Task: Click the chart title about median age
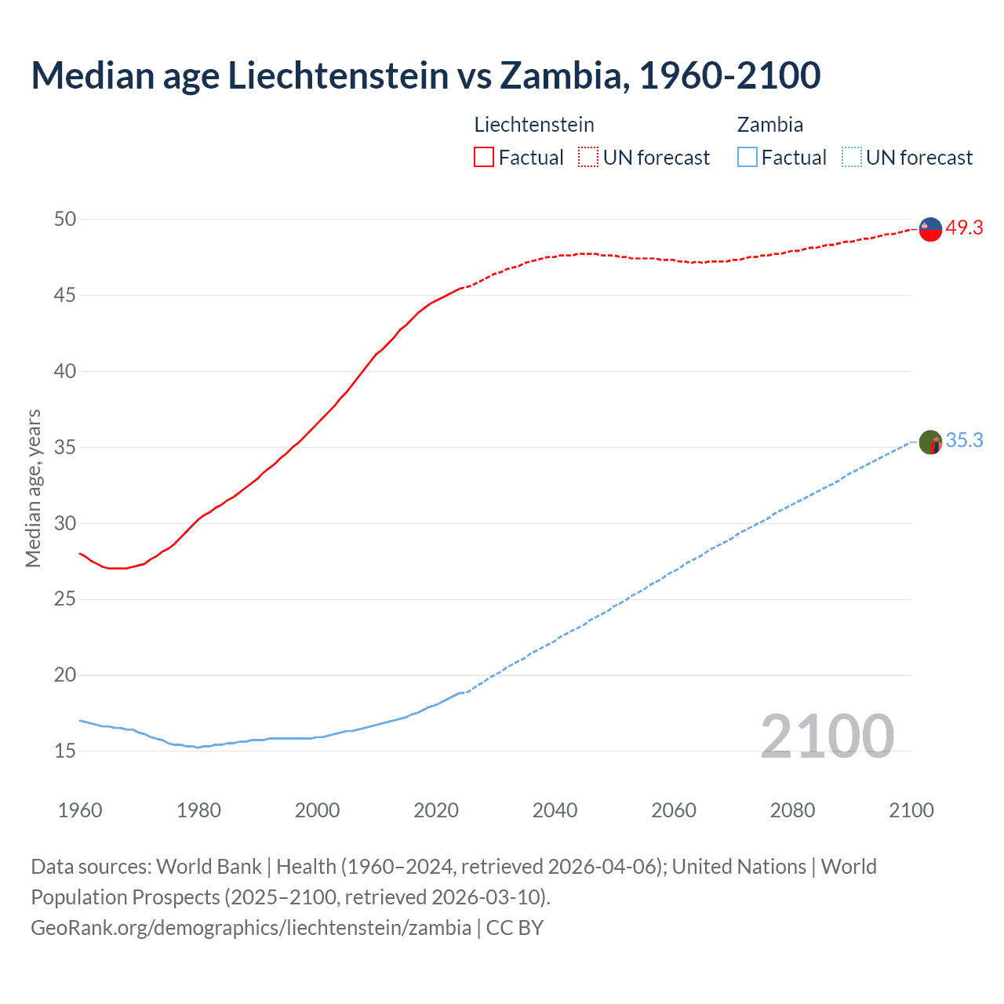click(x=426, y=75)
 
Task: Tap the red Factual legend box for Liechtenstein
click(x=484, y=158)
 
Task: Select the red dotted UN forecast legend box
click(x=588, y=158)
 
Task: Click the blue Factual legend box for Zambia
click(x=748, y=158)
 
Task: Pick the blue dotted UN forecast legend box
click(x=852, y=158)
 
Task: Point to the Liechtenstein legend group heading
click(x=534, y=125)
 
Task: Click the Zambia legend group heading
click(x=769, y=125)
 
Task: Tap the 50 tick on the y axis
click(x=65, y=220)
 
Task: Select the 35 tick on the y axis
click(x=65, y=448)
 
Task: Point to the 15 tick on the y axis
click(x=65, y=751)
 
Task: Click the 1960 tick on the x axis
click(x=80, y=810)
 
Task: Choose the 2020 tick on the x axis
click(x=436, y=810)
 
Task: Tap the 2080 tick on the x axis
click(x=792, y=810)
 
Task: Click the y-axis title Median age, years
click(x=33, y=488)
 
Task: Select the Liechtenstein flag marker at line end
click(x=930, y=229)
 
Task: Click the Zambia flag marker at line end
click(x=930, y=442)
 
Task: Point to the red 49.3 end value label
click(x=964, y=228)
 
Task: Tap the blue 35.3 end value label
click(x=964, y=441)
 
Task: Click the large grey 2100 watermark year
click(x=827, y=736)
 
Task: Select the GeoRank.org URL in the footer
click(x=251, y=928)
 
